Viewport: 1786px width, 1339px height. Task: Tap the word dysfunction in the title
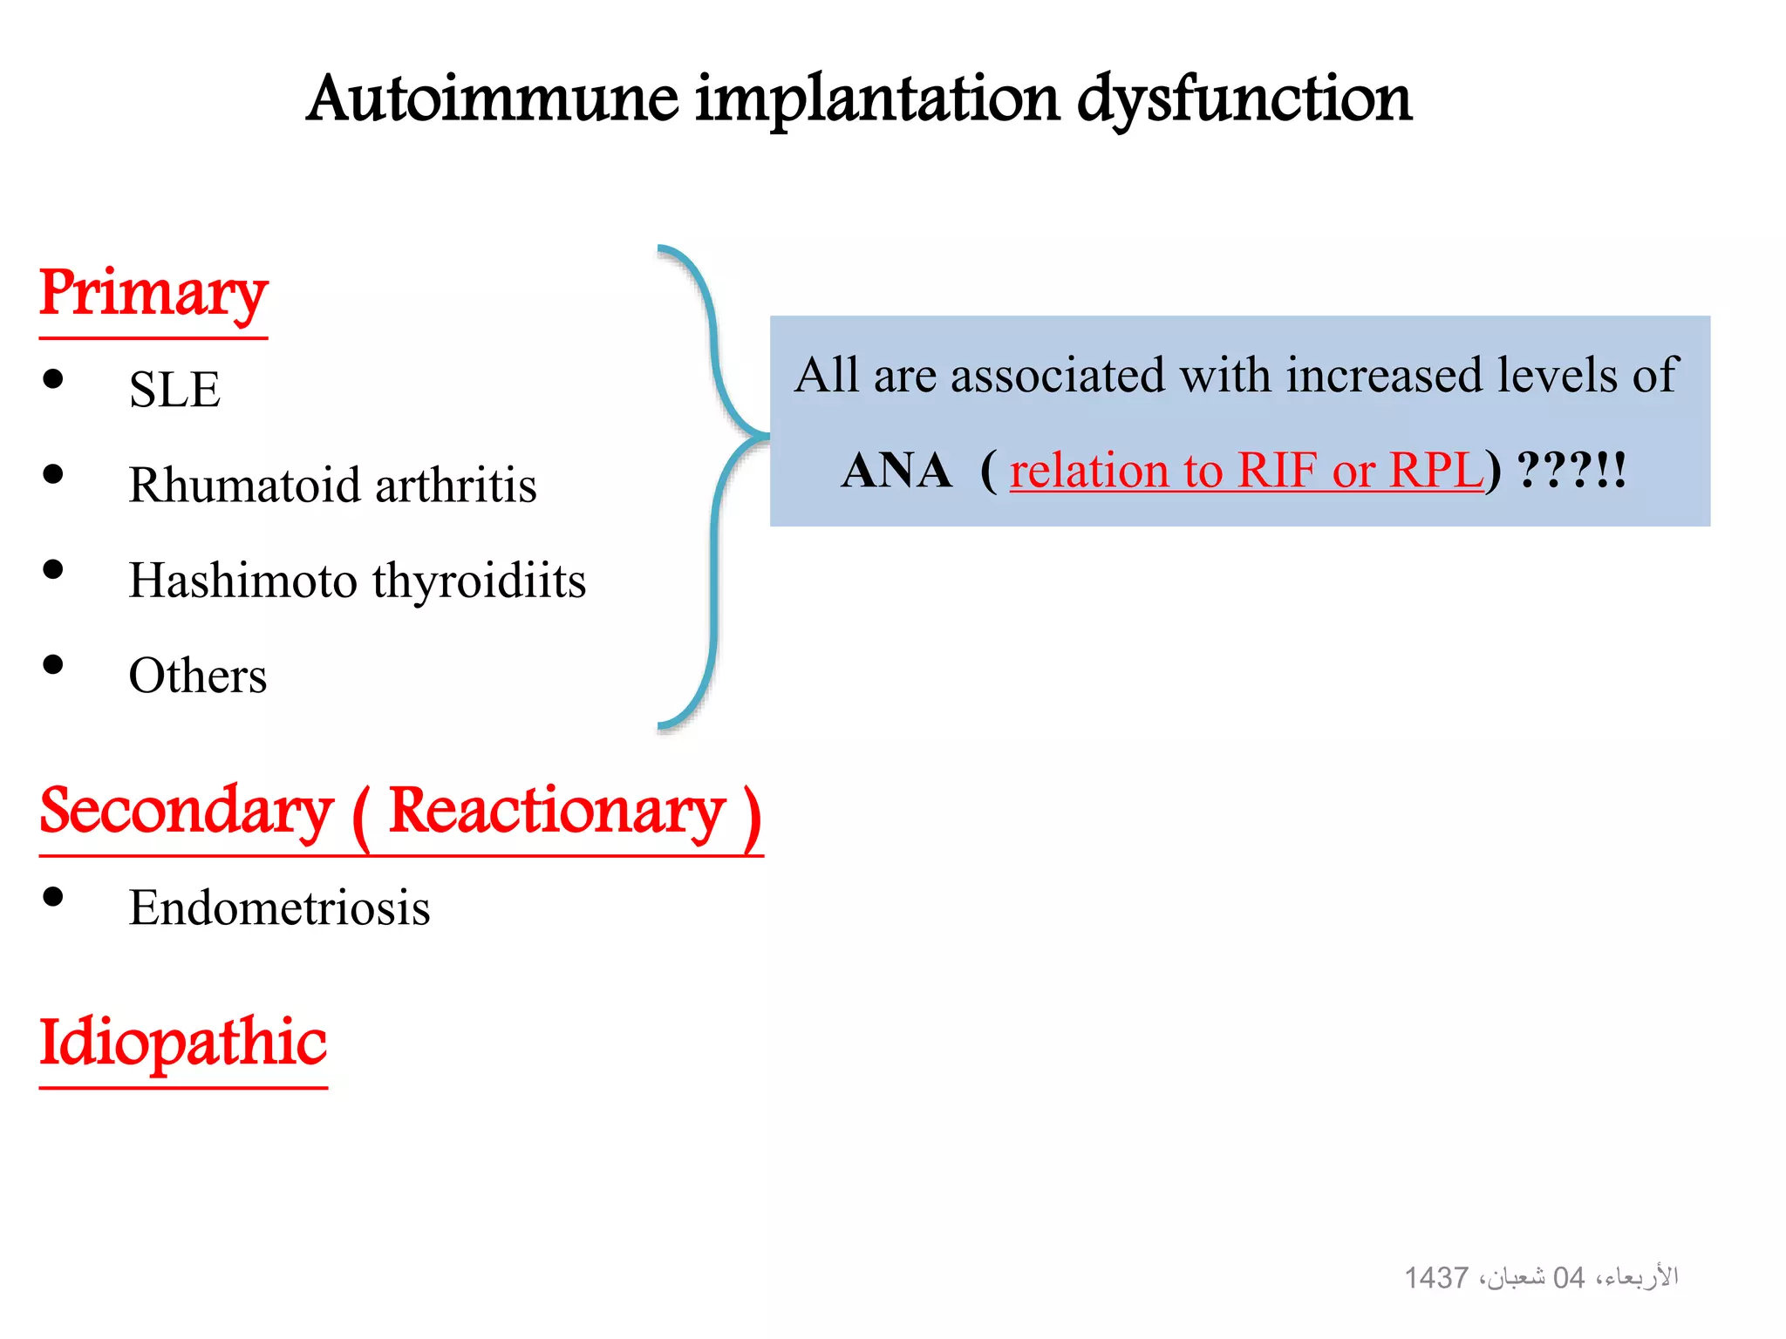pos(1244,99)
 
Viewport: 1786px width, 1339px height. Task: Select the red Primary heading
pos(153,294)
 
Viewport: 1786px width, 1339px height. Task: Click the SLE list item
pos(174,389)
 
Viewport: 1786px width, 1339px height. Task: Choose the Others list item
pos(198,676)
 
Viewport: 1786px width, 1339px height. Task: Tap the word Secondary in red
pos(187,812)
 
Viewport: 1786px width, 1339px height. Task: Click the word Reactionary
pos(556,812)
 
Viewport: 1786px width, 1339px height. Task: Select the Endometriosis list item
pos(279,907)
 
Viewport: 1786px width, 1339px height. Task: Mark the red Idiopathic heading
pos(183,1043)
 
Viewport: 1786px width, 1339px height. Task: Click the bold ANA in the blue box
pos(896,471)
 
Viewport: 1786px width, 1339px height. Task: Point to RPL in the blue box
pos(1435,471)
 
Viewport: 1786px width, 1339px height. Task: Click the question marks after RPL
pos(1557,471)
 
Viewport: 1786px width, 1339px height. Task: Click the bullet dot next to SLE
pos(53,379)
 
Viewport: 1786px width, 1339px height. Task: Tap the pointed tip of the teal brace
pos(766,434)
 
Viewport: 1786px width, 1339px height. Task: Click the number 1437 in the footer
pos(1436,1278)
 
